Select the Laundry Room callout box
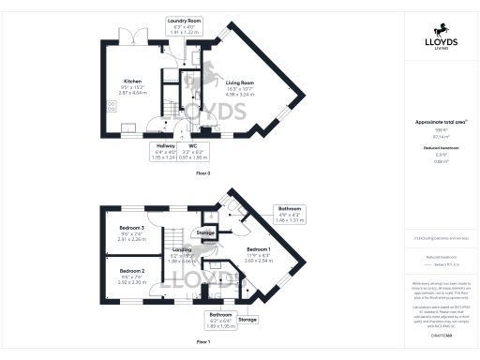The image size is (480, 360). (185, 25)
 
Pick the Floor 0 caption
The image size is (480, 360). (202, 173)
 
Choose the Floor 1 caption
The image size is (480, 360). (202, 343)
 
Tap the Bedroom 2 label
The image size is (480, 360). (131, 273)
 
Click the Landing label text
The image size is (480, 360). (182, 251)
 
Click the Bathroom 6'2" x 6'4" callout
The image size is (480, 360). (220, 320)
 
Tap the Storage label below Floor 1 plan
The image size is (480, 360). (247, 320)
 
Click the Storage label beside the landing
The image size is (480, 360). (205, 232)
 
